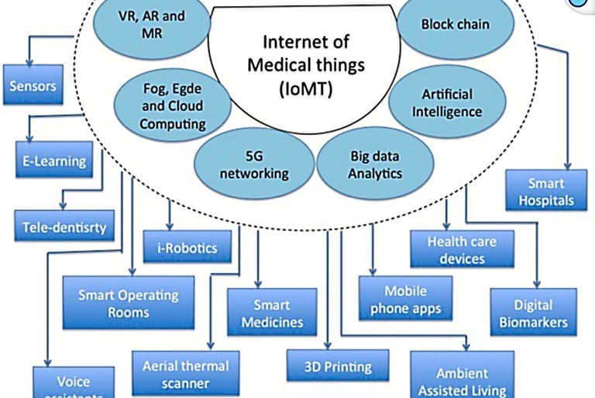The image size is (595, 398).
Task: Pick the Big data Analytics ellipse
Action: [375, 163]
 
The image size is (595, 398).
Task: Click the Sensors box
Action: [33, 86]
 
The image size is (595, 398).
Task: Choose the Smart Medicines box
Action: [272, 311]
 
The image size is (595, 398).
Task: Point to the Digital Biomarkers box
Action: [532, 313]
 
